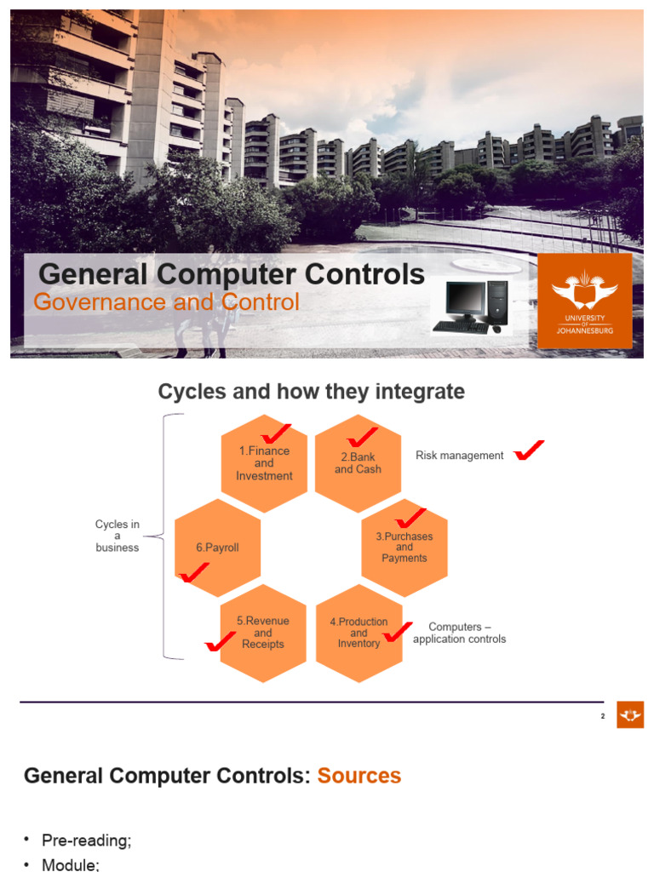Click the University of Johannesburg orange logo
584,300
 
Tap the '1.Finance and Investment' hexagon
264,463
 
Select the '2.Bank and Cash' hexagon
358,464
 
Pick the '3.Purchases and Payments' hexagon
404,548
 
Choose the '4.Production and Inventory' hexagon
359,633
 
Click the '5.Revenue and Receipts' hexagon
263,633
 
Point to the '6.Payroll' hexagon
217,548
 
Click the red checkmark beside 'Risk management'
529,450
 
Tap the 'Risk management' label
459,456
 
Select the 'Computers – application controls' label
459,633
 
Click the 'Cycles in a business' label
117,536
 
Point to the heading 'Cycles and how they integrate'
312,392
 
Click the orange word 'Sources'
359,776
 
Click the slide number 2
602,716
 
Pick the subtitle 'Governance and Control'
166,302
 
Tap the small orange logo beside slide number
630,715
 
